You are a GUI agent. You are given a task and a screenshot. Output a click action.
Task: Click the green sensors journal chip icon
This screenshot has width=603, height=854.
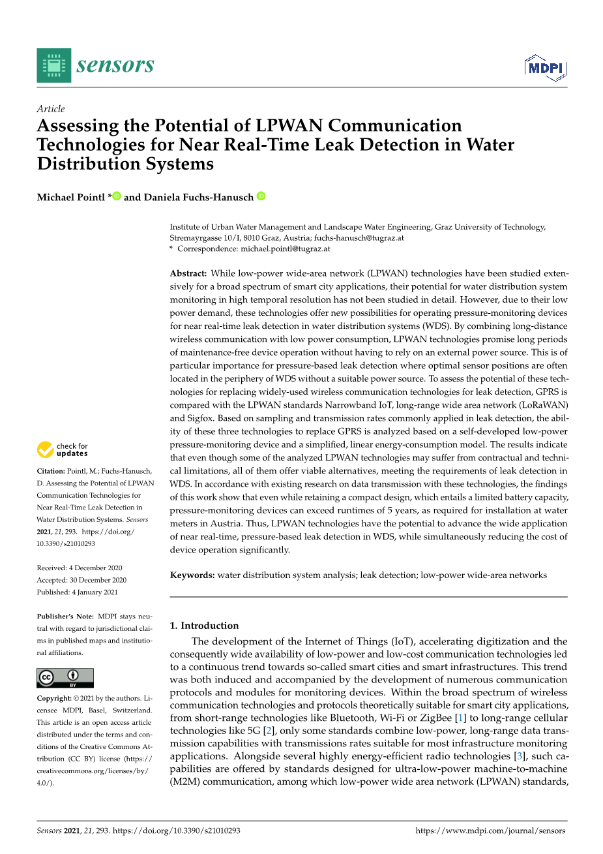point(54,65)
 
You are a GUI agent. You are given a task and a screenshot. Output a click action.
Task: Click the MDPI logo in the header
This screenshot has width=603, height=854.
point(546,69)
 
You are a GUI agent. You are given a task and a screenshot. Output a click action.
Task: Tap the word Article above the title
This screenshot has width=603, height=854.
point(51,109)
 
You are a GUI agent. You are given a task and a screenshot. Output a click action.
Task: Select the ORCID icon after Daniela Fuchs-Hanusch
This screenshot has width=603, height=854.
point(261,196)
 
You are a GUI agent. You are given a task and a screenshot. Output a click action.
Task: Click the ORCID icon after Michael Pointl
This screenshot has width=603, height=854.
point(117,196)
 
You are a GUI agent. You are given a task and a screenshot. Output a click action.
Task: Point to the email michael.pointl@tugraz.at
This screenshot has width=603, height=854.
point(285,249)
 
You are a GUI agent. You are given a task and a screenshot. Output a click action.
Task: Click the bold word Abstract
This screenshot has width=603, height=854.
point(188,274)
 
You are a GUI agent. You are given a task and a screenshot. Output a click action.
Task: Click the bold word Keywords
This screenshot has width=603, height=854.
point(192,575)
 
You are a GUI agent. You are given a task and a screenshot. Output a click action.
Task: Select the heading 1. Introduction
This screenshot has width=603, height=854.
point(204,626)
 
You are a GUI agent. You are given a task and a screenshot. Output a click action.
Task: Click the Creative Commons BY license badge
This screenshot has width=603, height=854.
point(65,678)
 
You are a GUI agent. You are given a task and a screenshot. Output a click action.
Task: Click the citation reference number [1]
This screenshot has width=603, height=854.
point(461,718)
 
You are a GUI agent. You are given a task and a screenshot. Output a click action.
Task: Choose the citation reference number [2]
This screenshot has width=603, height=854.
point(268,731)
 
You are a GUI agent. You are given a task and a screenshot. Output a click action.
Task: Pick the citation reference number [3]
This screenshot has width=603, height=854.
point(519,756)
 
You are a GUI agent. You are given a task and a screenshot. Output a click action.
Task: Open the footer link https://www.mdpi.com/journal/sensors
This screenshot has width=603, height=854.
point(490,831)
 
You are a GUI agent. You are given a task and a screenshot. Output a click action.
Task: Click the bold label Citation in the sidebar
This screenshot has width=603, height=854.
point(51,471)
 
